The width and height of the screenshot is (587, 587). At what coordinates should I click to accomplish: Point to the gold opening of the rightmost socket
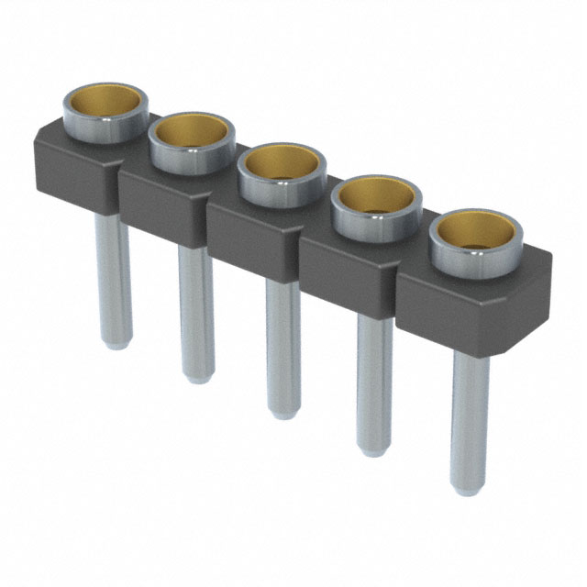[473, 233]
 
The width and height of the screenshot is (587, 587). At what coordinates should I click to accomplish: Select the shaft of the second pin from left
[195, 312]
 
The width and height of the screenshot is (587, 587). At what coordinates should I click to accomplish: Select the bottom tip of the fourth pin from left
[374, 451]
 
